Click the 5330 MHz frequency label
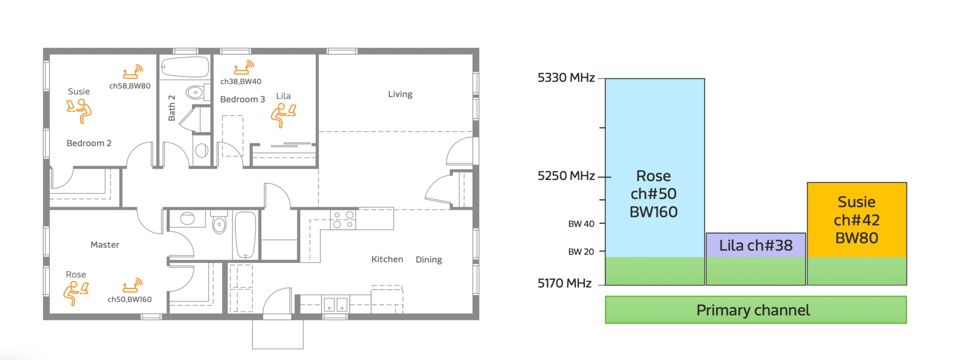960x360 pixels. [566, 77]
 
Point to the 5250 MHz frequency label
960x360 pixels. [566, 176]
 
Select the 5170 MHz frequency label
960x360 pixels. [564, 283]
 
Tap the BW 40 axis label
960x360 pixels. [581, 224]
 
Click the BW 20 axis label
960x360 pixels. [581, 252]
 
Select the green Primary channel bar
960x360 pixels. [755, 310]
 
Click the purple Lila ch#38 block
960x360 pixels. [755, 245]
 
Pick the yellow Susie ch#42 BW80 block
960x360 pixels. [856, 220]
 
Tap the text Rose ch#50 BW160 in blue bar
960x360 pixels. [653, 194]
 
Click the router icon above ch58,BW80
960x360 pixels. [133, 72]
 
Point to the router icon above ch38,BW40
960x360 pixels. [244, 67]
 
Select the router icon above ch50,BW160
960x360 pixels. [133, 285]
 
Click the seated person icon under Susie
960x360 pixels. [79, 111]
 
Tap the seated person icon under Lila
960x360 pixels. [283, 115]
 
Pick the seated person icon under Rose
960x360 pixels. [76, 293]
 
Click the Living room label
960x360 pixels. [400, 94]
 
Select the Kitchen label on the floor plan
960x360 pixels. [387, 259]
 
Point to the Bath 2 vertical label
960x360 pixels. [171, 108]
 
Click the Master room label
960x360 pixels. [104, 244]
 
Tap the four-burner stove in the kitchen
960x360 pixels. [343, 219]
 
